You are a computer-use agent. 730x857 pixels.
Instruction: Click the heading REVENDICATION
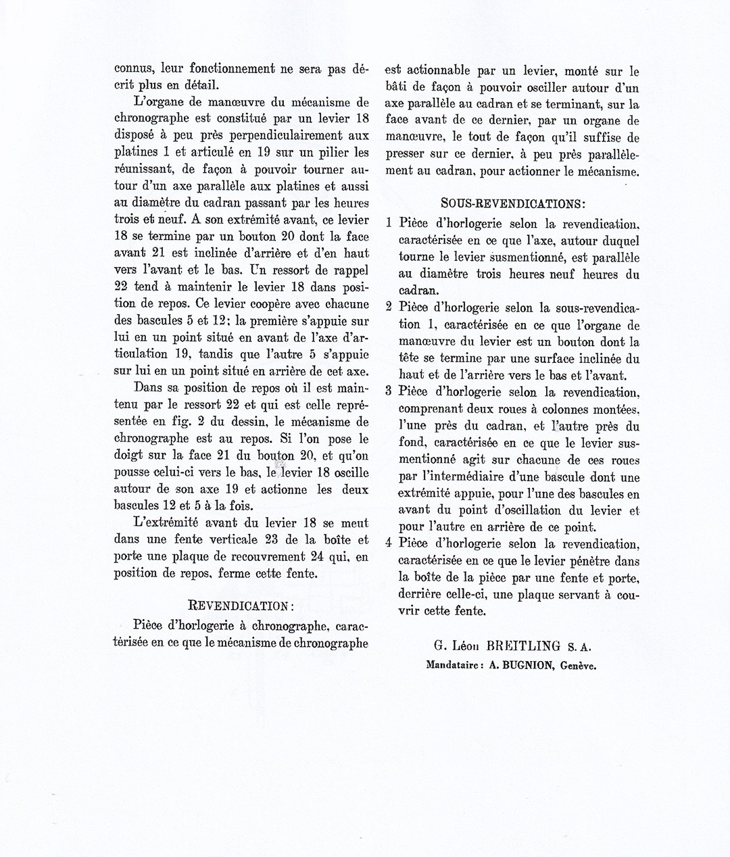[x=240, y=604]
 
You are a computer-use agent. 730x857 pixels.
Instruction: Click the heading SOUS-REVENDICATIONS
[x=512, y=202]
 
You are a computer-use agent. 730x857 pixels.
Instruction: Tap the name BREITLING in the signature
[x=520, y=647]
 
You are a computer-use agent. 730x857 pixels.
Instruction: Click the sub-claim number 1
[x=389, y=223]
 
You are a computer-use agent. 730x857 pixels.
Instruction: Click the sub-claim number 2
[x=389, y=307]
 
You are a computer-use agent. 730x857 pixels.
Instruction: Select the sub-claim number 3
[x=389, y=391]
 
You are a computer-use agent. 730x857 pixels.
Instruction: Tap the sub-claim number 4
[x=389, y=543]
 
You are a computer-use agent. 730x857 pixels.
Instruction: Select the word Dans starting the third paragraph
[x=147, y=388]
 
